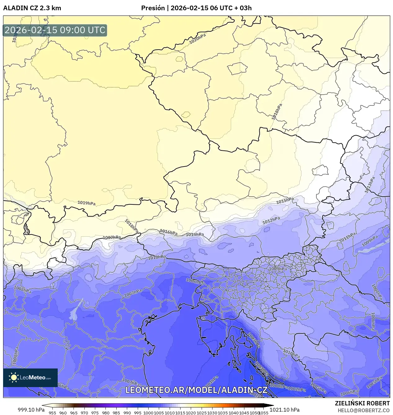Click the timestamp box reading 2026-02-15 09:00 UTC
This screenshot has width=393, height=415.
pos(55,30)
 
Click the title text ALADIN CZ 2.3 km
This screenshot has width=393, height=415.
pos(32,8)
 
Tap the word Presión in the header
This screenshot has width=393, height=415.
pos(153,8)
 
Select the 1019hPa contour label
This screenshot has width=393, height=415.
pos(87,203)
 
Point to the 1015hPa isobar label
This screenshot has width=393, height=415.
pos(285,201)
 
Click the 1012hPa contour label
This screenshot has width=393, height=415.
pos(271,221)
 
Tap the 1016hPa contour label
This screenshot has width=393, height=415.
pos(168,232)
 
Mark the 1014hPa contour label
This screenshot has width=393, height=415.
pos(195,234)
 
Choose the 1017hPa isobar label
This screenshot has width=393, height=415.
pos(112,238)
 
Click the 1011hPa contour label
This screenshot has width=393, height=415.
pos(347,238)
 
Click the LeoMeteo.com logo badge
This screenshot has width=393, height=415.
pos(30,377)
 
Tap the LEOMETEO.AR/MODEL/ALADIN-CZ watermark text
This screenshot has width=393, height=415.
pos(196,390)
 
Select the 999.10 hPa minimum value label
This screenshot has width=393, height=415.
pos(31,410)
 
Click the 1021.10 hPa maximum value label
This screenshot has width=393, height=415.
pos(284,410)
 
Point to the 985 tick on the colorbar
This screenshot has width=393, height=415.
pos(116,413)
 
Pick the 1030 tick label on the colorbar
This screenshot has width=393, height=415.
pos(212,413)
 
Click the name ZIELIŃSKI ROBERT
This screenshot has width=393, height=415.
pos(362,403)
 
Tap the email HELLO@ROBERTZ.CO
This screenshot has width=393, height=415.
pos(364,410)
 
